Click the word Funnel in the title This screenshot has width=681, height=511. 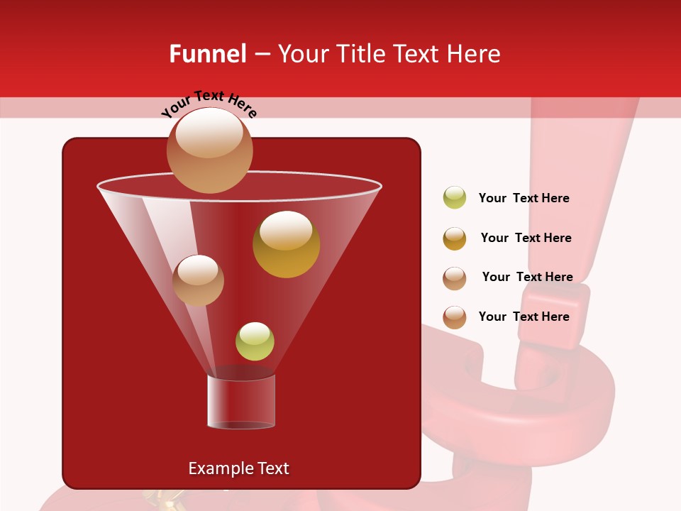pos(207,54)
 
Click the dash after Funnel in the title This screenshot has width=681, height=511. pos(261,55)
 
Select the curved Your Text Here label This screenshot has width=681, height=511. pos(209,104)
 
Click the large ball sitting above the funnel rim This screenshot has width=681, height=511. pos(209,150)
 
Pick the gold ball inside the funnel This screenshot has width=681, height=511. pos(286,244)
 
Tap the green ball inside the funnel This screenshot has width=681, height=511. pos(255,341)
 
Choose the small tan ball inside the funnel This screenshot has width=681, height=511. pos(198,280)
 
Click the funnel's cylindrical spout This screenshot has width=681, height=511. pos(240,401)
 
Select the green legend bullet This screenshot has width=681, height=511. pos(455,198)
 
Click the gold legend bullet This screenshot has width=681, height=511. pos(455,238)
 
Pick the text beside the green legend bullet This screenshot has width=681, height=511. pos(524,198)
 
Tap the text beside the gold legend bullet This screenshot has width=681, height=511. pos(526,238)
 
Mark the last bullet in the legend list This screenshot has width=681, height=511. pos(455,317)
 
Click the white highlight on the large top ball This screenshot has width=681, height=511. pos(209,133)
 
